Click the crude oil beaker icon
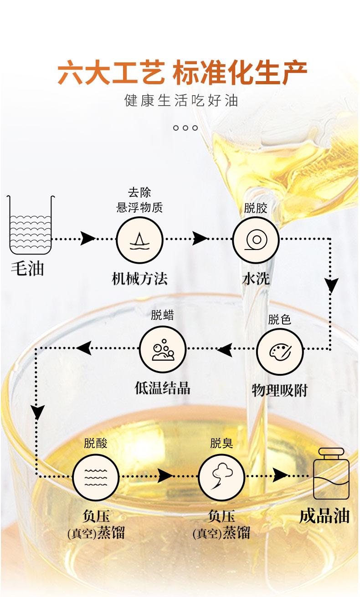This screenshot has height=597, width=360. [31, 224]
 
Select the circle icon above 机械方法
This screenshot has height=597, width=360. [139, 240]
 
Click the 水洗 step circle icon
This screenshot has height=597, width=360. [256, 240]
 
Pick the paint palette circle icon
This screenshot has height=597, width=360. [279, 351]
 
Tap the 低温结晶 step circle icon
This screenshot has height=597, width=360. [163, 350]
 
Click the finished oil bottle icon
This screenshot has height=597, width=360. [331, 474]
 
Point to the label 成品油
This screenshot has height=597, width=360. [324, 516]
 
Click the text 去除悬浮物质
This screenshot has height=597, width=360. [139, 200]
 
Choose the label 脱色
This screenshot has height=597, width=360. [279, 320]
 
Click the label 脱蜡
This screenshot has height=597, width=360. [163, 315]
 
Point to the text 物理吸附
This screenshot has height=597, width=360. [279, 390]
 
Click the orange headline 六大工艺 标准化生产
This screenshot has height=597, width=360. [182, 73]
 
